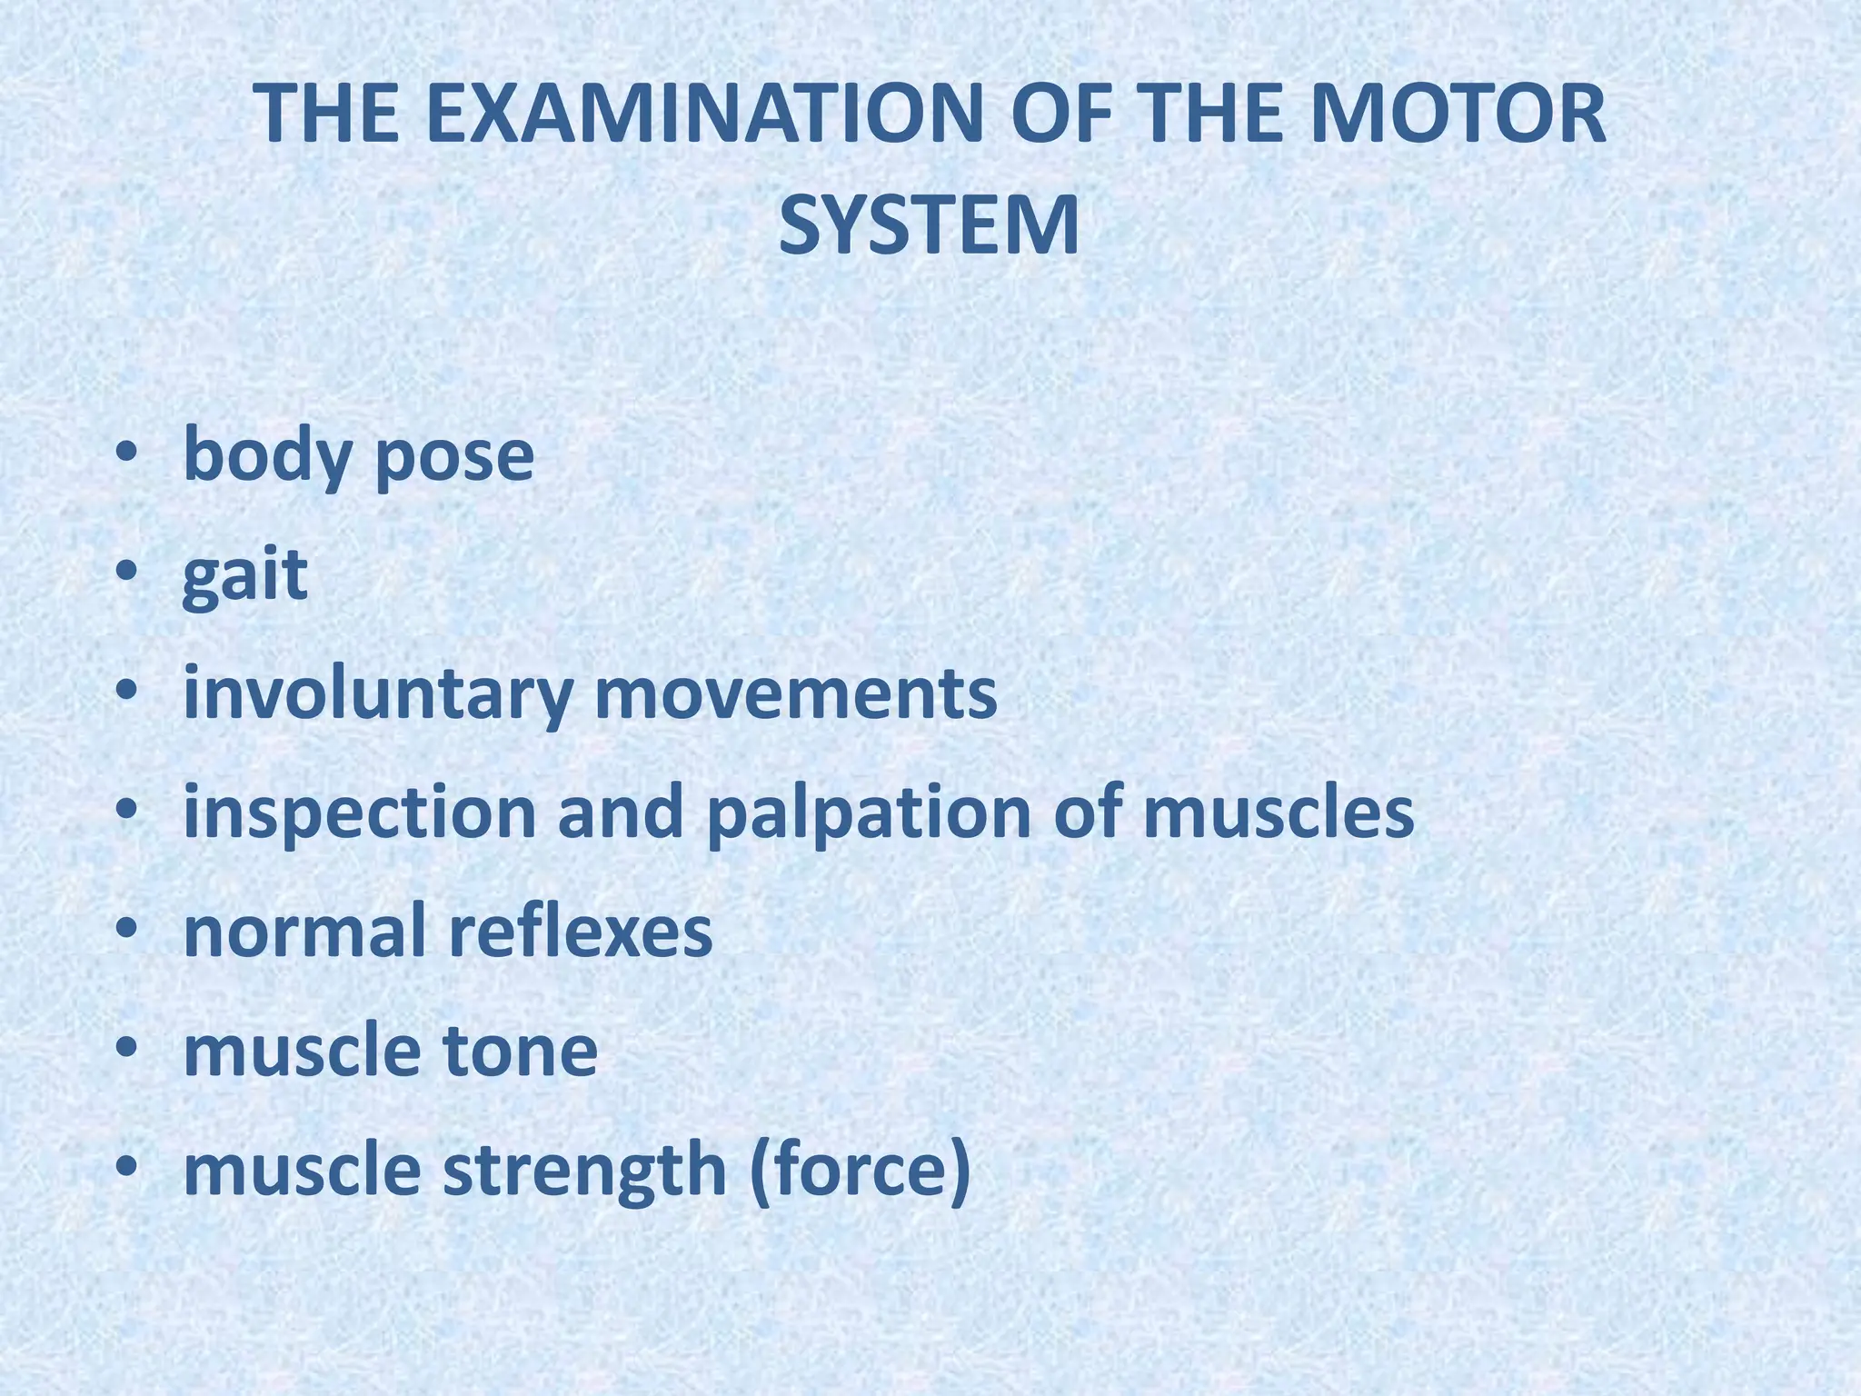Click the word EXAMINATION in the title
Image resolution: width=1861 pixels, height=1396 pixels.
pyautogui.click(x=700, y=115)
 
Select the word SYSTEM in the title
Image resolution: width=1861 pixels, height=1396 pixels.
pyautogui.click(x=930, y=226)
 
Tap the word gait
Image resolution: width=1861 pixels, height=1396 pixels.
pyautogui.click(x=245, y=576)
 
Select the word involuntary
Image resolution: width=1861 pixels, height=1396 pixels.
pyautogui.click(x=378, y=695)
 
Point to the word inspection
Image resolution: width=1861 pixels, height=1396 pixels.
pyautogui.click(x=360, y=813)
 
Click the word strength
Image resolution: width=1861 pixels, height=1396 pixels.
pyautogui.click(x=585, y=1171)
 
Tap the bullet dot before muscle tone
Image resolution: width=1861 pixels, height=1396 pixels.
pyautogui.click(x=126, y=1048)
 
